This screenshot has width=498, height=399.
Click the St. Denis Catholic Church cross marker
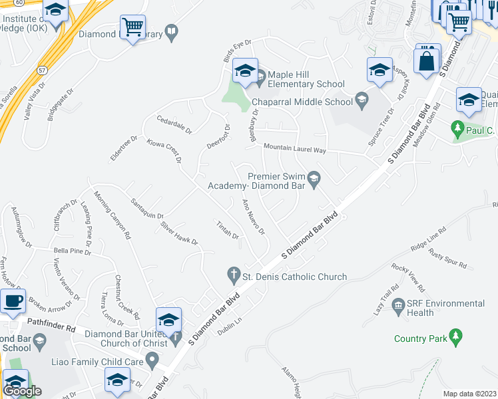(x=233, y=274)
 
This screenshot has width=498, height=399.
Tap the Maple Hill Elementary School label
(x=307, y=84)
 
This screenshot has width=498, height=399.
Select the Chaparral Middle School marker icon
(x=361, y=101)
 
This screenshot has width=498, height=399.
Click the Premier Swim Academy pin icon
(x=314, y=178)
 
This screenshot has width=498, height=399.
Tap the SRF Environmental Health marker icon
(x=399, y=307)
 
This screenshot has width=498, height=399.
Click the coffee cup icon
(x=13, y=301)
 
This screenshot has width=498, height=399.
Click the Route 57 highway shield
(x=43, y=69)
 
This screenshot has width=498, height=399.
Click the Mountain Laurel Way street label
(x=294, y=149)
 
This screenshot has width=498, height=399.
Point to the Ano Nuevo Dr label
(x=254, y=217)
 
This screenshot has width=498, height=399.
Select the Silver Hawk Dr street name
(x=179, y=233)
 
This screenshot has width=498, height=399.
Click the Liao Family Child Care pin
(x=152, y=362)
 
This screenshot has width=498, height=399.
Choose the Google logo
(x=23, y=391)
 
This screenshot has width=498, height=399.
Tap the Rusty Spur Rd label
(x=447, y=257)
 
